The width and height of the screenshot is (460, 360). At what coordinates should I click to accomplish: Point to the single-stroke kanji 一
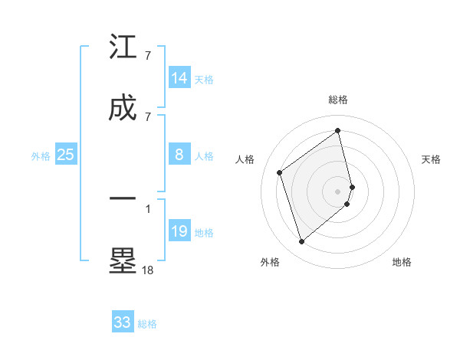coord(123,198)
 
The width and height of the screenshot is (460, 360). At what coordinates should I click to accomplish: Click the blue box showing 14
coord(179,78)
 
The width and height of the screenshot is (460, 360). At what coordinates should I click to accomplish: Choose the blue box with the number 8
coord(179,155)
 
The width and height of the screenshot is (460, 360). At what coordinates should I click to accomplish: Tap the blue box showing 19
coord(179,231)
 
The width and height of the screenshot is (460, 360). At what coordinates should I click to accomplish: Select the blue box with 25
coord(66,155)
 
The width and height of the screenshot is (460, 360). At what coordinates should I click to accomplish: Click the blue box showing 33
coord(123,322)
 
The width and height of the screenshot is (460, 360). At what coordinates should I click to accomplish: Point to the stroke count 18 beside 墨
coord(148,270)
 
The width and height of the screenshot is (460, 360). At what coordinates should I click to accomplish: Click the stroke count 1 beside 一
coord(148,207)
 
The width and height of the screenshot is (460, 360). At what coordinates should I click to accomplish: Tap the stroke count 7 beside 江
coord(148,56)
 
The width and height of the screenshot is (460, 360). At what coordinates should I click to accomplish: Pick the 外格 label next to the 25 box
coord(41,156)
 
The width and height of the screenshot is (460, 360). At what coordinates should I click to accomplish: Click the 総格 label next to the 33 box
coord(147,324)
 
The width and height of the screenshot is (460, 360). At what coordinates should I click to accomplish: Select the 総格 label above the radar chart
coord(338,100)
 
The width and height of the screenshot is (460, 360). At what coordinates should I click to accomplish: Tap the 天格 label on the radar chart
coord(431,159)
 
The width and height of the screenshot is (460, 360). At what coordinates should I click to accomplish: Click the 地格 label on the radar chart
coord(402,262)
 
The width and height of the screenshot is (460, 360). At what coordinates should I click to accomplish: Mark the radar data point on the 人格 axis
coord(280,172)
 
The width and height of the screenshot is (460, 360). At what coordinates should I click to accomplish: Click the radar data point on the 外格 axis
coord(301,242)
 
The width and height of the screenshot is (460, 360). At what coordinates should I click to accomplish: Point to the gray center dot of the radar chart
coord(338,191)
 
